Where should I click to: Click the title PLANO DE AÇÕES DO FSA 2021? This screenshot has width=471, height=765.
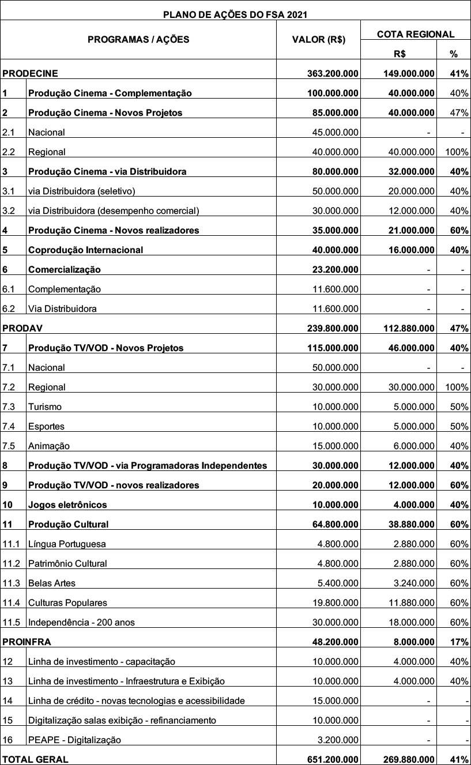235,14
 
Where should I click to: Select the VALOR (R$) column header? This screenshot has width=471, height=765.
319,40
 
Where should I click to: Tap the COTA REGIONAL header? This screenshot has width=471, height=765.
415,35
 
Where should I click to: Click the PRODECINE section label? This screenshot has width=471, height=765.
31,73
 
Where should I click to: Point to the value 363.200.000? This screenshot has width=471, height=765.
333,73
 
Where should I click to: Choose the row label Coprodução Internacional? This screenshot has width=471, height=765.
85,250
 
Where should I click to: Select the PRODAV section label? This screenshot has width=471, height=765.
23,328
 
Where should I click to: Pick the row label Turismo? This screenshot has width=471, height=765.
45,406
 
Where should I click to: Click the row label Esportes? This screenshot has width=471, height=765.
46,426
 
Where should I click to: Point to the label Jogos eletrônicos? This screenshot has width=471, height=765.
67,504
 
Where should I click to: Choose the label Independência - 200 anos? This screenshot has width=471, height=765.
81,622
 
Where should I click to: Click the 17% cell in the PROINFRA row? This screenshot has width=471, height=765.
459,642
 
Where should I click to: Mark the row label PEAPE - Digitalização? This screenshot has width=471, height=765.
74,740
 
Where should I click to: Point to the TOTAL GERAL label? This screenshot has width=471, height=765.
35,759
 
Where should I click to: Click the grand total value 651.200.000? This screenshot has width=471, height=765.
333,759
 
